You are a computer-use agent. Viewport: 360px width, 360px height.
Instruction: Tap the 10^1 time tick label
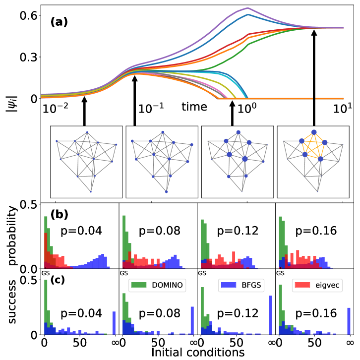point(341,107)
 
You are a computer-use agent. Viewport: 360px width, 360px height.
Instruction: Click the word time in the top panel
point(194,107)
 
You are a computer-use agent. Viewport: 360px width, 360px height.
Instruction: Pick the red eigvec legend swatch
point(308,286)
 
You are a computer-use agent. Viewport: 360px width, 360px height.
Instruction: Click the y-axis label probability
point(11,236)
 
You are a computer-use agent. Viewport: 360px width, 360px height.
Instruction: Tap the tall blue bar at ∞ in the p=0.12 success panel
point(271,315)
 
